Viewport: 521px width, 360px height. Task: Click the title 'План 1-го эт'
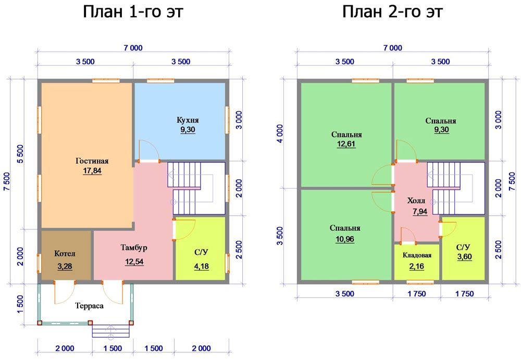pyautogui.click(x=133, y=12)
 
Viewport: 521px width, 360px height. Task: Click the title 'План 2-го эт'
pyautogui.click(x=392, y=12)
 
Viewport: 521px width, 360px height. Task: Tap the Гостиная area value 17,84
pyautogui.click(x=92, y=171)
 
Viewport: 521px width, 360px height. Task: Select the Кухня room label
pyautogui.click(x=188, y=120)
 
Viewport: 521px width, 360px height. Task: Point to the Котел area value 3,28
pyautogui.click(x=65, y=267)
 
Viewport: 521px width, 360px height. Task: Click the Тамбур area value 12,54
pyautogui.click(x=134, y=262)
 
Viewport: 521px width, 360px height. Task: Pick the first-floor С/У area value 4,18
pyautogui.click(x=201, y=267)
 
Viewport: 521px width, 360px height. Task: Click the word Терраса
pyautogui.click(x=89, y=306)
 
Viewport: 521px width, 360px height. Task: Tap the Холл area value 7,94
pyautogui.click(x=420, y=212)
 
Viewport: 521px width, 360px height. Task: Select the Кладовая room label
pyautogui.click(x=417, y=255)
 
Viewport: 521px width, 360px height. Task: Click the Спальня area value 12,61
pyautogui.click(x=346, y=144)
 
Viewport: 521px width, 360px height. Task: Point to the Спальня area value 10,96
pyautogui.click(x=345, y=239)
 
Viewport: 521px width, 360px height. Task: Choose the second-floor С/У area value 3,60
pyautogui.click(x=464, y=257)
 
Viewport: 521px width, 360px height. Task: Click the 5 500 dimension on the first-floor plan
pyautogui.click(x=20, y=154)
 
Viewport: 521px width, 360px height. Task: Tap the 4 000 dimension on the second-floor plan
pyautogui.click(x=280, y=133)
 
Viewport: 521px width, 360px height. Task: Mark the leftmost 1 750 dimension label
pyautogui.click(x=417, y=294)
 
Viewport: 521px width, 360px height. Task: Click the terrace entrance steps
pyautogui.click(x=111, y=331)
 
